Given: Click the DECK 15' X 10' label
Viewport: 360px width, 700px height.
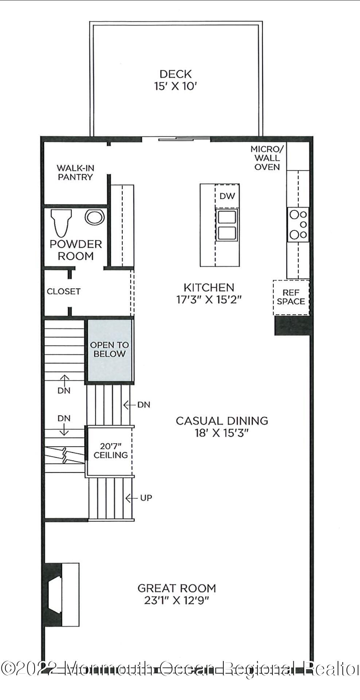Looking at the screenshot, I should [x=176, y=80].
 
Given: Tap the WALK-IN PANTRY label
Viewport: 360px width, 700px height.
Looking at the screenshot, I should [x=75, y=172].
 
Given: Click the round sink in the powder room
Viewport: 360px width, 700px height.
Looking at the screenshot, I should [x=95, y=217].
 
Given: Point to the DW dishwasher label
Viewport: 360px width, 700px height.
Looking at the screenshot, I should [x=227, y=196].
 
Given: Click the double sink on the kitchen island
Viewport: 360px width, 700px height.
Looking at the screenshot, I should [x=227, y=225].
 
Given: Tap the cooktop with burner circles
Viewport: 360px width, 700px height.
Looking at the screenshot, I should [x=298, y=225].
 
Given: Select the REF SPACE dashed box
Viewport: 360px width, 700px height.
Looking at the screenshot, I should [x=291, y=297].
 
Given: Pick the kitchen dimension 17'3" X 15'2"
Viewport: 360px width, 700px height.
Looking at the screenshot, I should [x=209, y=300].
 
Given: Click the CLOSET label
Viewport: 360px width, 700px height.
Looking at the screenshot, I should [x=63, y=291].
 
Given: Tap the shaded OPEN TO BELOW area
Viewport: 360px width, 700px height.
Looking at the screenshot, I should [x=109, y=350].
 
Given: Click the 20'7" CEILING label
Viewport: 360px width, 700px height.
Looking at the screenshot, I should [x=110, y=451].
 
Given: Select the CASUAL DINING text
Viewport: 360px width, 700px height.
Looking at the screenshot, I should [x=222, y=421].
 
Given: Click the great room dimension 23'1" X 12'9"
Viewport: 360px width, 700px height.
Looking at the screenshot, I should [x=176, y=600].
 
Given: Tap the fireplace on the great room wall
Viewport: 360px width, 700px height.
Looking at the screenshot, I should [x=60, y=595].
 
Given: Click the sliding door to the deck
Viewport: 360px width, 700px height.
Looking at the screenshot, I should [x=176, y=139].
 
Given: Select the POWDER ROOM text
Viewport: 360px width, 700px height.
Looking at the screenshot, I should [x=75, y=250].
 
